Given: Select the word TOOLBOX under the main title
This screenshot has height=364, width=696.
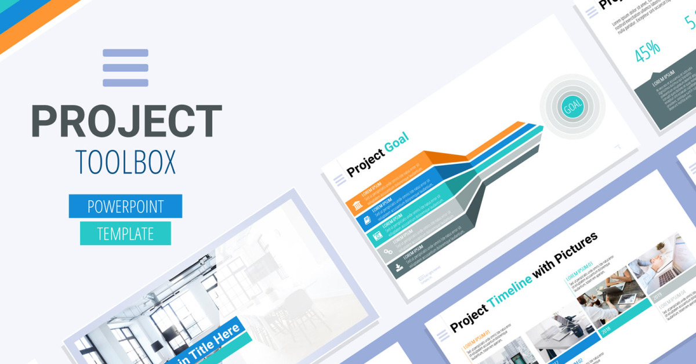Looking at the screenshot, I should tap(125, 164).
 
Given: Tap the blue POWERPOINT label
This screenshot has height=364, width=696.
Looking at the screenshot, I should tap(125, 206).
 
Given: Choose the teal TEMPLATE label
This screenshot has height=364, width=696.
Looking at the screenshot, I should tap(125, 233).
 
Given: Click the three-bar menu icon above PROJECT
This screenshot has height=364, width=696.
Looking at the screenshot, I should tap(125, 68).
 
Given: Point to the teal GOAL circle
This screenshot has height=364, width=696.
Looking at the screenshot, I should tap(572, 106).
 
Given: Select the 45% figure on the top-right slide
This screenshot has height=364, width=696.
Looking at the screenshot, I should tap(648, 52).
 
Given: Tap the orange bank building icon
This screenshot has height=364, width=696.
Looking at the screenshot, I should tap(358, 206).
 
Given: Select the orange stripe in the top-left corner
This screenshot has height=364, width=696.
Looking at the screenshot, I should tap(35, 23).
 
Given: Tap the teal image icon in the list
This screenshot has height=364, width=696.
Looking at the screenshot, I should tap(377, 236).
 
